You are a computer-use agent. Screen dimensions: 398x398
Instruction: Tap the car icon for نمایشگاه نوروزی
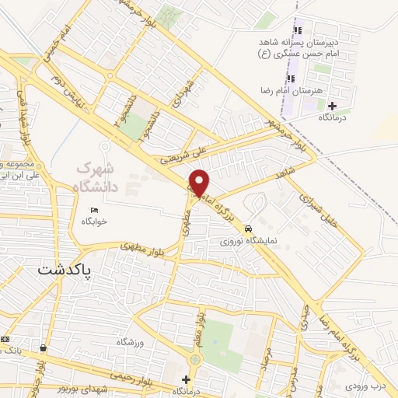click(247, 229)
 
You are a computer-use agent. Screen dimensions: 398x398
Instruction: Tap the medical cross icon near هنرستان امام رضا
click(333, 106)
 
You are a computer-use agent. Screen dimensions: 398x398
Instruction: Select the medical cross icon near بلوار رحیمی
click(185, 379)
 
